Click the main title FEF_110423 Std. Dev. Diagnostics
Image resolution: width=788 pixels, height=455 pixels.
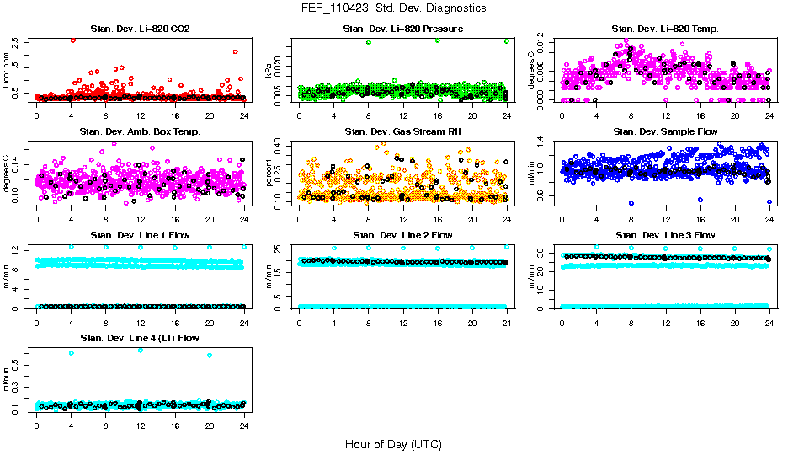(x=393, y=8)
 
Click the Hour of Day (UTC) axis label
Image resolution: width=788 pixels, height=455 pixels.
(x=393, y=444)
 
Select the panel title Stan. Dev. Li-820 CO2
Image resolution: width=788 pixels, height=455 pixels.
(x=140, y=29)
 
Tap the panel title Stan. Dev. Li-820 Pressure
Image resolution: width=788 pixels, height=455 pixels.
(x=402, y=29)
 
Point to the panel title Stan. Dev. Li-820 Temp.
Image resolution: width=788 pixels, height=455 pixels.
(x=665, y=29)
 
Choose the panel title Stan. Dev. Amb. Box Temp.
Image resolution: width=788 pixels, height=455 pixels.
(x=140, y=132)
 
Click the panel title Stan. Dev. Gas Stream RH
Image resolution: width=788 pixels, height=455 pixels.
(x=402, y=132)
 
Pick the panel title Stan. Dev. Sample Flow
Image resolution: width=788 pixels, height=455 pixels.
(x=665, y=132)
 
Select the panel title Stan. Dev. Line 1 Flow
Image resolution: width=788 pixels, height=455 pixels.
(x=140, y=235)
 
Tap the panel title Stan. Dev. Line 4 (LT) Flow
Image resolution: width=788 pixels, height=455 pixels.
(x=140, y=338)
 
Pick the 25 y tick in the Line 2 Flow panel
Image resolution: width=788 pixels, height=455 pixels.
(x=283, y=247)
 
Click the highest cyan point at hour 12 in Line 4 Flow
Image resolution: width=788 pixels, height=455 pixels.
(x=140, y=350)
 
